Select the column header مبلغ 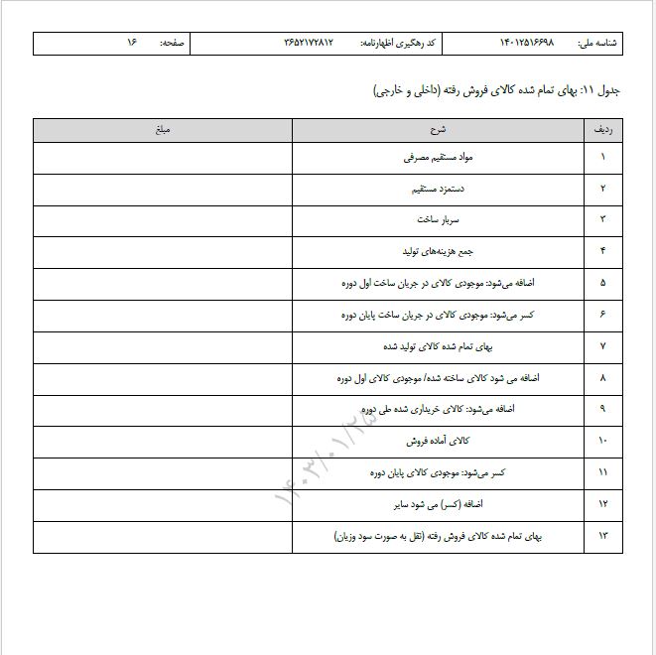click(x=163, y=130)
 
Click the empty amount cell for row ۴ click(x=163, y=251)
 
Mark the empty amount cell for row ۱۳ click(x=163, y=536)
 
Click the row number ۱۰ click(x=603, y=441)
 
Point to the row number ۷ click(x=603, y=346)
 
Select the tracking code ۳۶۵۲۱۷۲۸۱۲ click(x=309, y=43)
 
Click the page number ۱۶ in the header click(x=131, y=43)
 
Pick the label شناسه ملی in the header click(x=597, y=43)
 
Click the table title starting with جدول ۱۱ click(x=496, y=91)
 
